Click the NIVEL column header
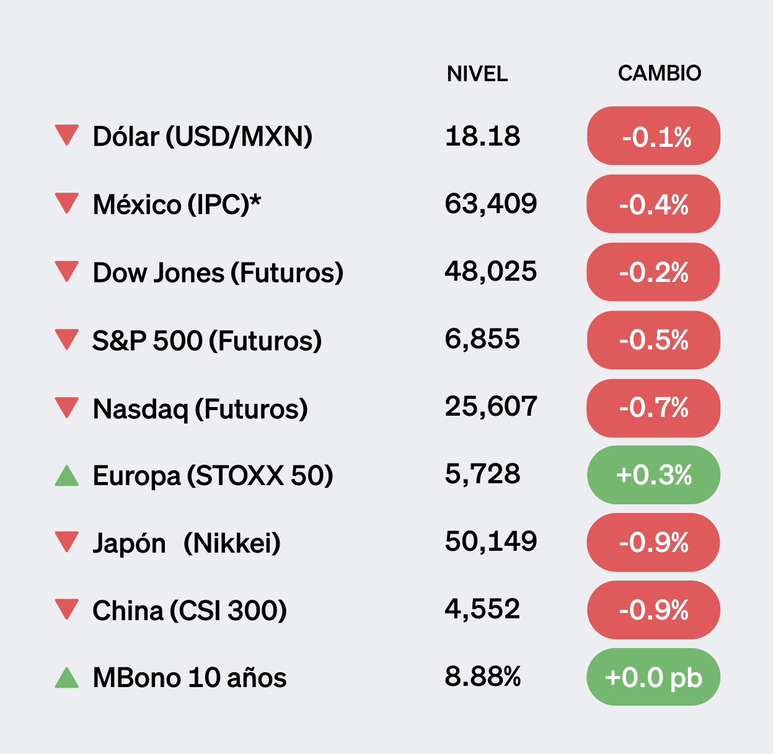pyautogui.click(x=477, y=74)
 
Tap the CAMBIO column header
pyautogui.click(x=659, y=73)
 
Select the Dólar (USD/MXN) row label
pyautogui.click(x=202, y=136)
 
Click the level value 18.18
pyautogui.click(x=482, y=136)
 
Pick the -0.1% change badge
pyautogui.click(x=653, y=136)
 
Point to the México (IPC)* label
pyautogui.click(x=177, y=204)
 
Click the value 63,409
pyautogui.click(x=490, y=203)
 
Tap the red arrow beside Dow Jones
pyautogui.click(x=66, y=271)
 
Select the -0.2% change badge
pyautogui.click(x=653, y=272)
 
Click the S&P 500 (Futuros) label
pyautogui.click(x=206, y=340)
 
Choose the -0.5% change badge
pyautogui.click(x=653, y=340)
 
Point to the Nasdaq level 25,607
pyautogui.click(x=490, y=406)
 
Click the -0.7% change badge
pyautogui.click(x=653, y=408)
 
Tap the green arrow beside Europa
pyautogui.click(x=66, y=476)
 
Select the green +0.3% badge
pyautogui.click(x=653, y=475)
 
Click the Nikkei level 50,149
pyautogui.click(x=490, y=541)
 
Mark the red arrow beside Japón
pyautogui.click(x=66, y=541)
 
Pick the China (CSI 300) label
pyautogui.click(x=189, y=610)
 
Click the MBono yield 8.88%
pyautogui.click(x=482, y=677)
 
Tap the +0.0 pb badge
pyautogui.click(x=653, y=677)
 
